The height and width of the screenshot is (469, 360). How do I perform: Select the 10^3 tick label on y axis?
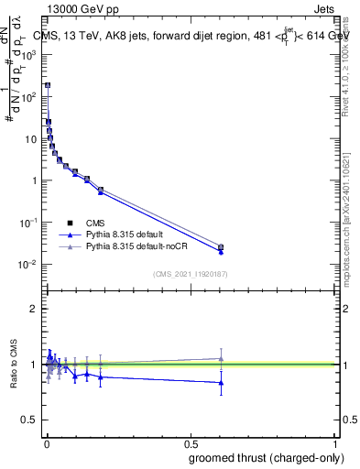tap(28, 54)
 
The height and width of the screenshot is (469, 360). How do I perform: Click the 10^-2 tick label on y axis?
tap(28, 265)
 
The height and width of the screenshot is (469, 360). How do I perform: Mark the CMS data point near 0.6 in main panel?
tap(221, 246)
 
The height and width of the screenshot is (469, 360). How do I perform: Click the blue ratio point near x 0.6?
tap(221, 383)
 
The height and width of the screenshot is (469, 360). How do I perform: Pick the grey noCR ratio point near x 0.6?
tap(221, 358)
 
